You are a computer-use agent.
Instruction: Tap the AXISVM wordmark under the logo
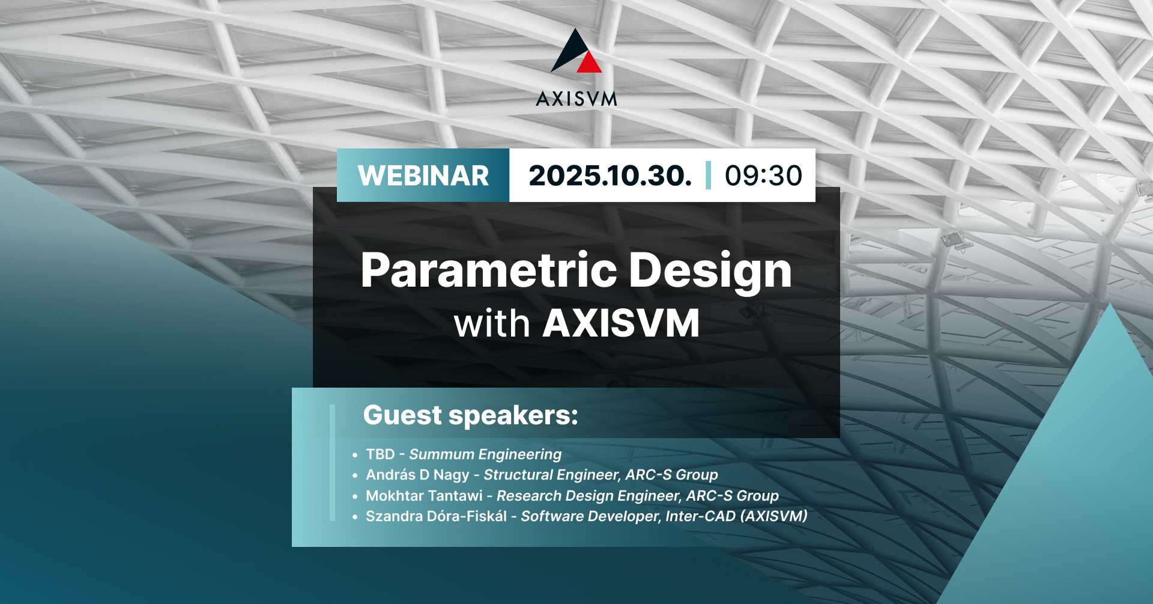click(x=576, y=99)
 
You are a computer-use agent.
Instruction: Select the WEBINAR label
click(x=423, y=175)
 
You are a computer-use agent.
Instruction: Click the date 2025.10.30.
click(x=610, y=175)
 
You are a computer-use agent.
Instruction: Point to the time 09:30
click(x=763, y=175)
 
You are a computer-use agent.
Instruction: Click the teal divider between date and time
click(x=709, y=175)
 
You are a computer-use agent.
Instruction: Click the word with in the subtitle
click(x=492, y=324)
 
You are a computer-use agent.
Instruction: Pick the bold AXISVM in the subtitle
click(x=621, y=324)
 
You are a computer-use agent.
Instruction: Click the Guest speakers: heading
click(x=471, y=415)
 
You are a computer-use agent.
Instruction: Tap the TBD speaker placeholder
click(x=380, y=454)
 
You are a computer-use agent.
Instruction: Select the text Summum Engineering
click(x=485, y=454)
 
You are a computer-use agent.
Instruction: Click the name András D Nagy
click(x=417, y=475)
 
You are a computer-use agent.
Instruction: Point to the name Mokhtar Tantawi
click(x=424, y=496)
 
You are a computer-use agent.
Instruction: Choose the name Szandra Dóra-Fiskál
click(x=436, y=516)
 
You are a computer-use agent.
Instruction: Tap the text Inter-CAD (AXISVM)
click(x=736, y=516)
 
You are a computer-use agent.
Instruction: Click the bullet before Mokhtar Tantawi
click(x=355, y=496)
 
